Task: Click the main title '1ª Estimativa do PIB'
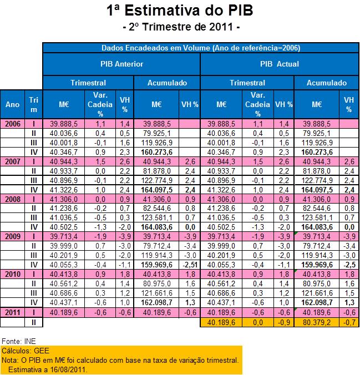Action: pyautogui.click(x=180, y=11)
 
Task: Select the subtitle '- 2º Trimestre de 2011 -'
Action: pyautogui.click(x=180, y=26)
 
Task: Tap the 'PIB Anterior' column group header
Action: pyautogui.click(x=121, y=64)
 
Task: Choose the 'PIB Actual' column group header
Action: pyautogui.click(x=279, y=64)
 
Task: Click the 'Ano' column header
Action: pyautogui.click(x=12, y=104)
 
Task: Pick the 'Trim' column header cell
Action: pyautogui.click(x=33, y=104)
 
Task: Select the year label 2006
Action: pyautogui.click(x=12, y=124)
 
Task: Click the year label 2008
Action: pyautogui.click(x=12, y=198)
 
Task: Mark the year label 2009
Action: pyautogui.click(x=12, y=236)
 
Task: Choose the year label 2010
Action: pyautogui.click(x=12, y=273)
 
